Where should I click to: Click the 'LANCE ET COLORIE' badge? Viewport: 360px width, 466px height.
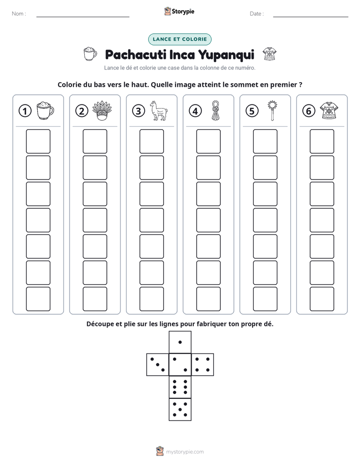click(179, 39)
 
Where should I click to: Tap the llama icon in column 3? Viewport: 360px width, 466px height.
click(158, 110)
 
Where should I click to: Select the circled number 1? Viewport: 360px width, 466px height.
click(25, 111)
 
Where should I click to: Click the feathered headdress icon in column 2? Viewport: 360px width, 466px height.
click(101, 110)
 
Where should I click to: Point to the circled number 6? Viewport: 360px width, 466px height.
click(309, 111)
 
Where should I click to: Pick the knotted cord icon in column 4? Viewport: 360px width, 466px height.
click(215, 110)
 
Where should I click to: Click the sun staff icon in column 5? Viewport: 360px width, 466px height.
click(272, 110)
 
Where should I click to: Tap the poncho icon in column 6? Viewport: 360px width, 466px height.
click(329, 110)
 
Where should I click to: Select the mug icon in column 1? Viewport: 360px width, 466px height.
click(45, 110)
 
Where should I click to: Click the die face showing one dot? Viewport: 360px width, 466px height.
click(180, 342)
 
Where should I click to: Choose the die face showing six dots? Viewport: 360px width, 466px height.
click(180, 387)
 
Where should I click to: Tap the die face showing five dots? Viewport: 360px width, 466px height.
click(180, 410)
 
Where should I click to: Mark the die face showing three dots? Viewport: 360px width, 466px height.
click(158, 365)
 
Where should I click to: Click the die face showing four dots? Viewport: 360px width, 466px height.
click(203, 365)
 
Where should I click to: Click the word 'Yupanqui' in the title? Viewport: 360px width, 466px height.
click(226, 55)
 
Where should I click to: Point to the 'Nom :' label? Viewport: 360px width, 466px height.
click(19, 14)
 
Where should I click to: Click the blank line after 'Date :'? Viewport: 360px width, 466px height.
click(311, 17)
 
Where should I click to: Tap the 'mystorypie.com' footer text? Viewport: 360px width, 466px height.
click(185, 452)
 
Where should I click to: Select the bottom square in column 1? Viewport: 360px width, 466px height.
click(38, 299)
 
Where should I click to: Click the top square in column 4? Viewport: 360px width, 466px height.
click(208, 141)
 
